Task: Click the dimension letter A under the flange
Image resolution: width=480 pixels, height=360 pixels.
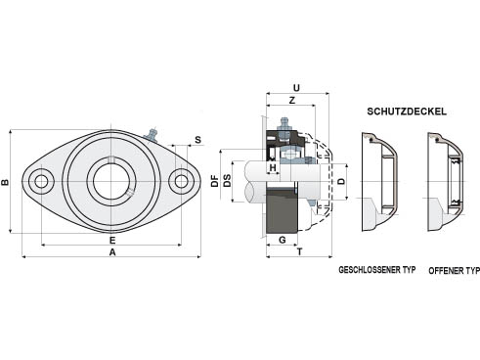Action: tap(112, 252)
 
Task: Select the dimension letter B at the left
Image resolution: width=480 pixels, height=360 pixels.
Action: tap(6, 182)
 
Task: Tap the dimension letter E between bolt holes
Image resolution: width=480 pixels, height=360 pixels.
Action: tap(112, 241)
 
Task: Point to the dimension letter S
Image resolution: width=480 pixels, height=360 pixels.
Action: tap(197, 140)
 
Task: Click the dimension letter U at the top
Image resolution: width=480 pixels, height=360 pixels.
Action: tap(296, 88)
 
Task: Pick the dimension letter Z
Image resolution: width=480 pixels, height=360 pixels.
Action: tap(292, 101)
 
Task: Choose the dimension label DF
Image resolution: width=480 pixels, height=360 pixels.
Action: tap(214, 181)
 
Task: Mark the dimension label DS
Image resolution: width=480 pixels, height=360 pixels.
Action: tap(227, 181)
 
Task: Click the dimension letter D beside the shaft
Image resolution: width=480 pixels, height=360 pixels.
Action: tap(341, 181)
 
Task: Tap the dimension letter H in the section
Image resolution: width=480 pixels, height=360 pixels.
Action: tap(273, 168)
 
